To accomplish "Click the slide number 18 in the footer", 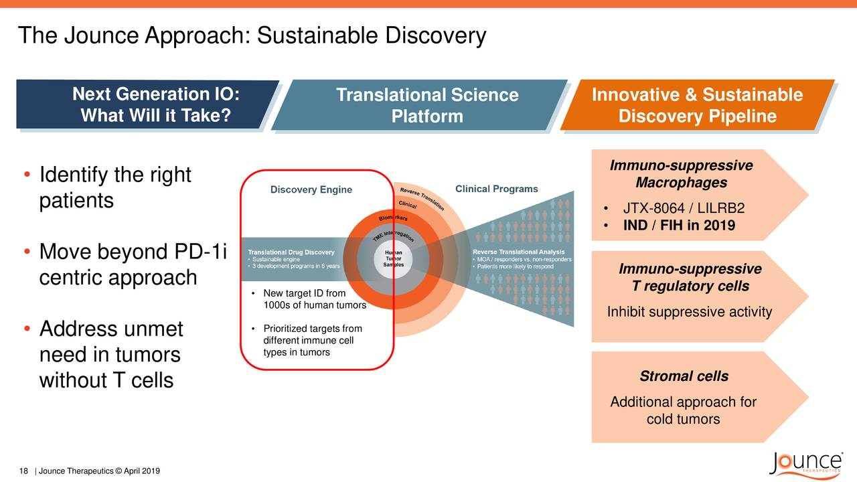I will click(x=23, y=471).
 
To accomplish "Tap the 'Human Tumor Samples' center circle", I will click(x=393, y=255).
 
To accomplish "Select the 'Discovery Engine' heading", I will click(x=311, y=189).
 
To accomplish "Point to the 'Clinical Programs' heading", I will click(x=496, y=189).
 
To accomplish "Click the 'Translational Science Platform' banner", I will click(x=426, y=106).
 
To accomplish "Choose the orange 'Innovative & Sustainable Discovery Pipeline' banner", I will click(x=696, y=106).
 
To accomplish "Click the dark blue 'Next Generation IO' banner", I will click(x=155, y=105).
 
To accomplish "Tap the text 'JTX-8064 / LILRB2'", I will click(x=684, y=208).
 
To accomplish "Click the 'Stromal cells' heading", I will click(x=684, y=376).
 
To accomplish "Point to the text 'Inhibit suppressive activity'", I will click(x=689, y=312).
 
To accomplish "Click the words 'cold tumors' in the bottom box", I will click(x=683, y=419).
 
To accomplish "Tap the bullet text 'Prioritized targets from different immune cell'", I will click(x=313, y=335).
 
